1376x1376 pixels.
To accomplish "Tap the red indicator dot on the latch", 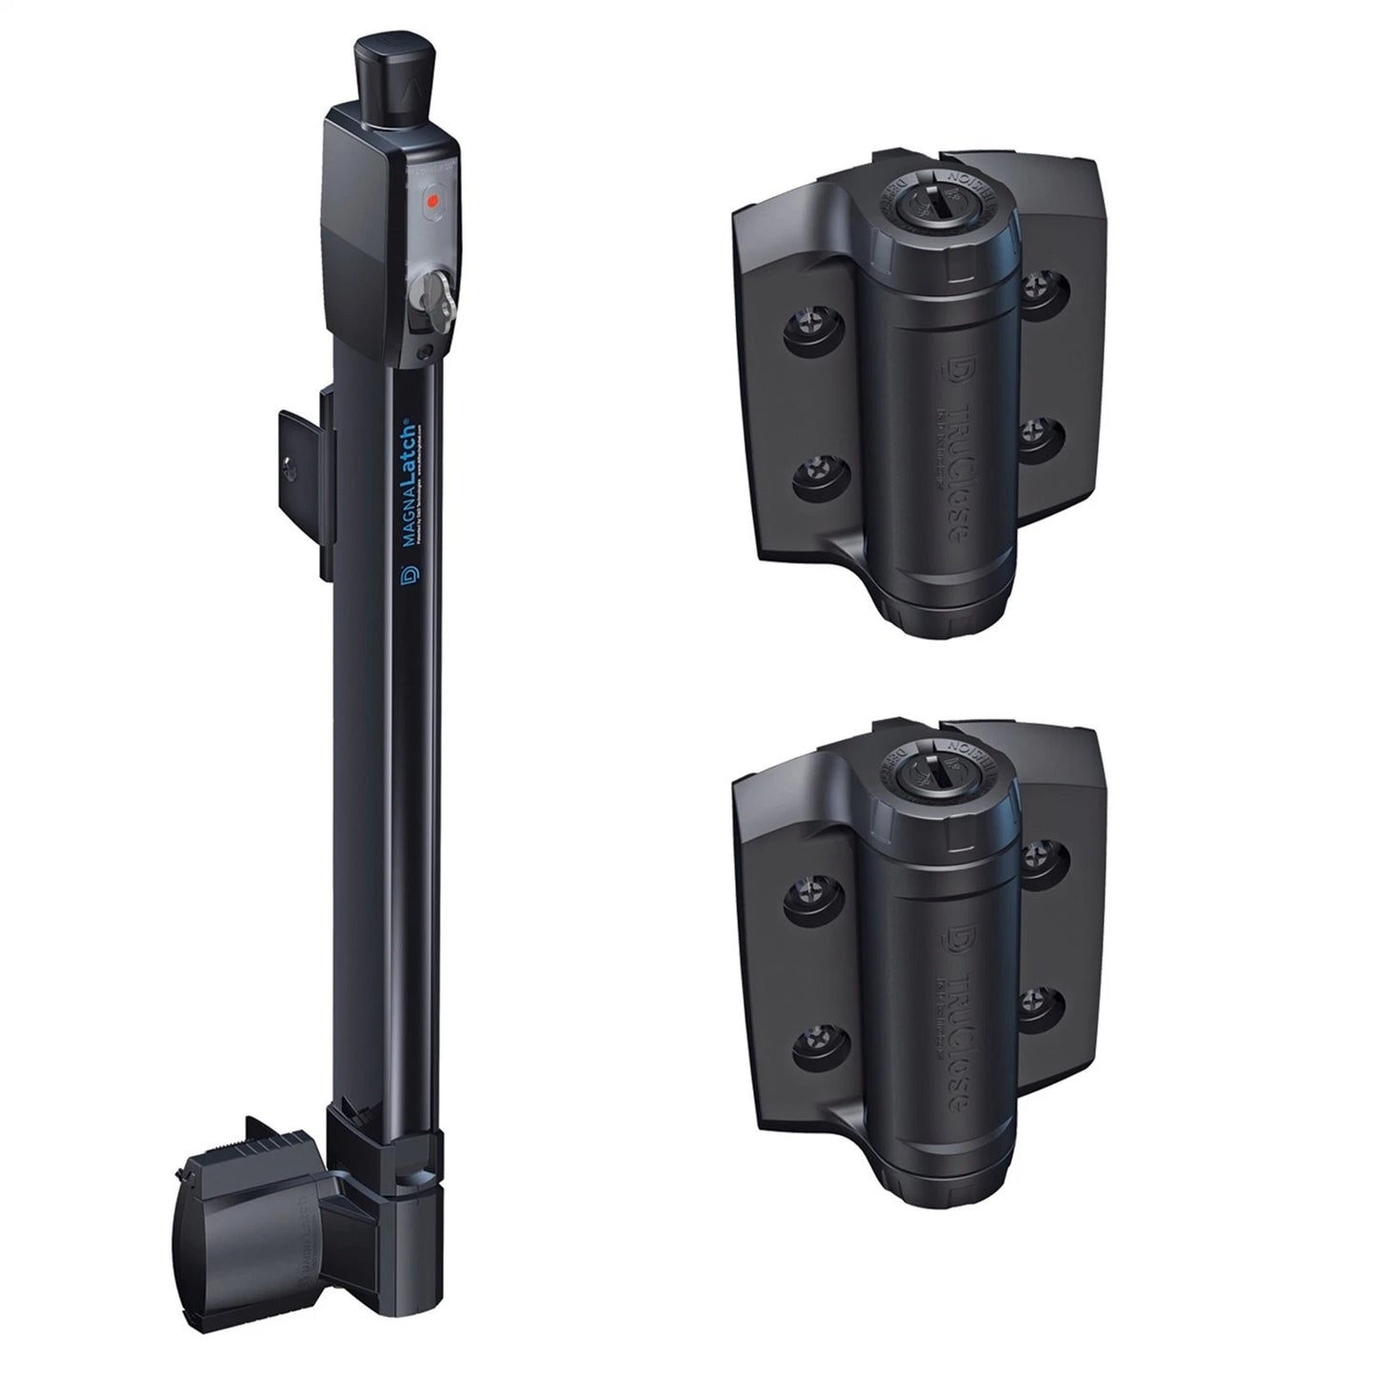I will [431, 201].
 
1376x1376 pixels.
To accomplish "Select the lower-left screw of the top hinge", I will [816, 471].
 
